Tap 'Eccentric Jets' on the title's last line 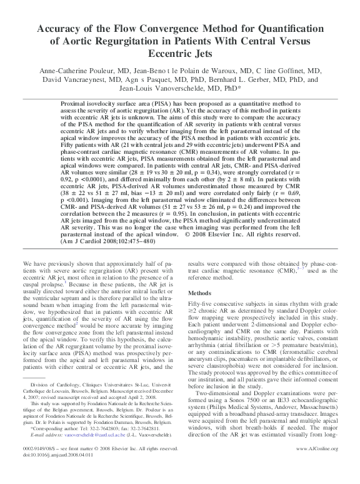point(179,55)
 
